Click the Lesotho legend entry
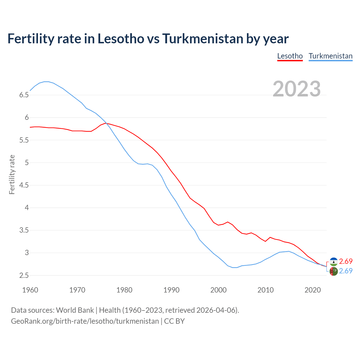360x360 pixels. (x=290, y=56)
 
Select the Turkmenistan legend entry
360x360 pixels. (x=330, y=56)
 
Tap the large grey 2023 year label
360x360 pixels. (x=297, y=89)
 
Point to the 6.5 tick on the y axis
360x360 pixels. (x=24, y=95)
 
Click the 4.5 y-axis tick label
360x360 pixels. (x=24, y=185)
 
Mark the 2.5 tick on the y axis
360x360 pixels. (x=24, y=275)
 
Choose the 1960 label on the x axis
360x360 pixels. (x=30, y=290)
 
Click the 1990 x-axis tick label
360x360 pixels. (x=171, y=290)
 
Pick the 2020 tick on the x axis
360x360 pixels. (x=312, y=290)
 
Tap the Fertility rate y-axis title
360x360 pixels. (x=12, y=174)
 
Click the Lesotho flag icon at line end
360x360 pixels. (x=334, y=262)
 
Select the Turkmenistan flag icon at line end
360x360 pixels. (x=334, y=271)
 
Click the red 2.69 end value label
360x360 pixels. (x=346, y=261)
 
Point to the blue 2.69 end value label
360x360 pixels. (x=346, y=271)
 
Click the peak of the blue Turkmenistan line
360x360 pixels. (x=46, y=82)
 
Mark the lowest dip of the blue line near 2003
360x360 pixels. (x=235, y=267)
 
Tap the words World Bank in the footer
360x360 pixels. (x=75, y=310)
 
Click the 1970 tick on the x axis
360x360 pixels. (x=77, y=290)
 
